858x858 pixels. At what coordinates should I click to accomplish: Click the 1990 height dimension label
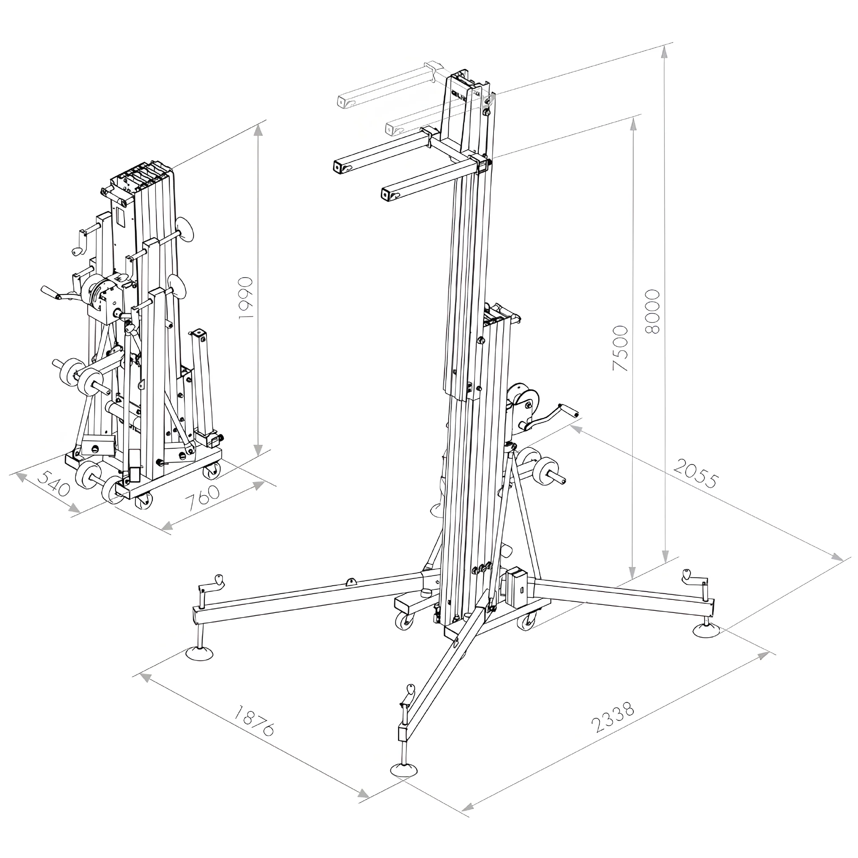click(246, 297)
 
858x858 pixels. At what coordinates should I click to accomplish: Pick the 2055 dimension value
click(695, 473)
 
